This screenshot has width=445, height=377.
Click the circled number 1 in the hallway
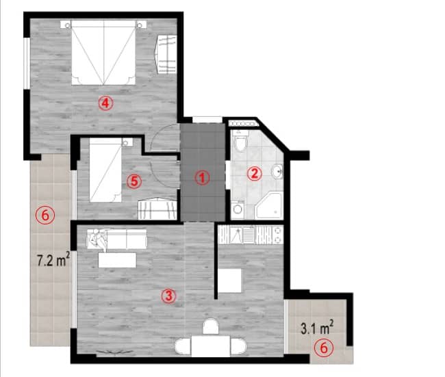pos(201,177)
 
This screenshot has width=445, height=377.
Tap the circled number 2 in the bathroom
pos(255,173)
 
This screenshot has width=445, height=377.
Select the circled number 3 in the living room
pos(168,296)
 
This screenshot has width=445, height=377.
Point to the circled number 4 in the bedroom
pos(104,103)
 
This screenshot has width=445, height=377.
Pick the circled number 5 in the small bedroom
pos(134,181)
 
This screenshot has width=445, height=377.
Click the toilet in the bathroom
pos(240,144)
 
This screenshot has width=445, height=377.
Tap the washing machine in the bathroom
pos(238,208)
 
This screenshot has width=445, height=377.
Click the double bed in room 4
pos(103,51)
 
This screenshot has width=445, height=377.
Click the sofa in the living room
pos(118,239)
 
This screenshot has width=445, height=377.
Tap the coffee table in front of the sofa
pos(116,260)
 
